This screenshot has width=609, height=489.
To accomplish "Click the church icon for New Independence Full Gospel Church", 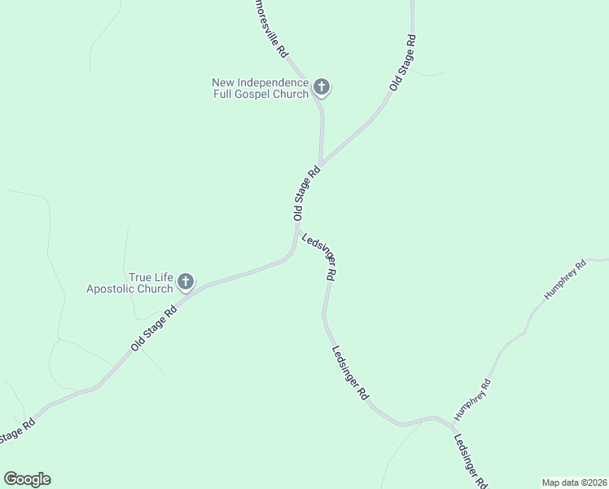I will click(322, 86).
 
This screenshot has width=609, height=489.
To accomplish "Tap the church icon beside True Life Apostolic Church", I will click(185, 282).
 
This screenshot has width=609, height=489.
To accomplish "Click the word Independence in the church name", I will click(274, 82).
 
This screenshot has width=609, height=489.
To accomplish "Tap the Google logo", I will click(27, 479).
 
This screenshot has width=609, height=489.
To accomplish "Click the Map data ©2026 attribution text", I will click(574, 482).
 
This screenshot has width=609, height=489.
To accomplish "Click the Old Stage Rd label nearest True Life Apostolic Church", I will click(153, 328).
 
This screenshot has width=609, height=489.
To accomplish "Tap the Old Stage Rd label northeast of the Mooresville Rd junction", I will click(404, 62).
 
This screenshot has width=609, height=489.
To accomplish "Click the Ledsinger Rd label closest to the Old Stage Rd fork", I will click(319, 257).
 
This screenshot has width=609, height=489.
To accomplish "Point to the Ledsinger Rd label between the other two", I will click(351, 372).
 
